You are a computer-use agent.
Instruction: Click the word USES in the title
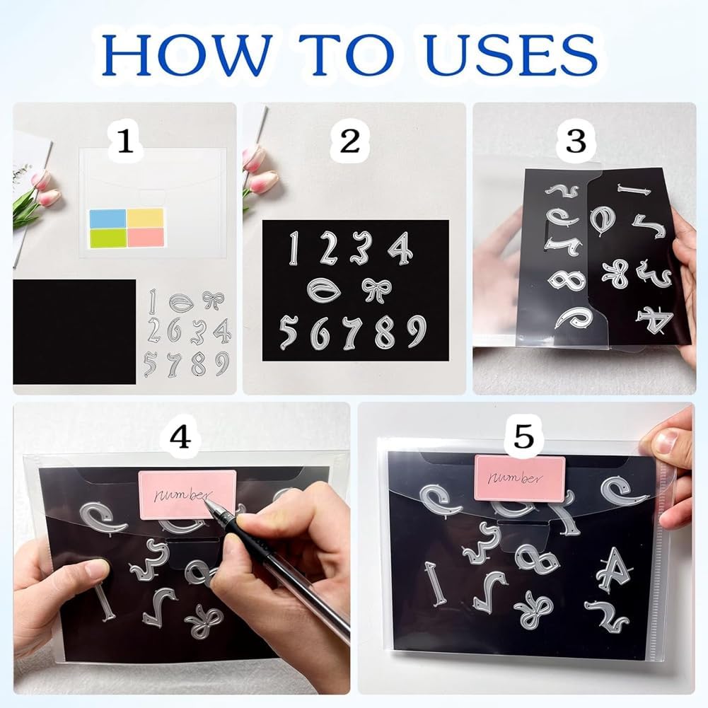511,55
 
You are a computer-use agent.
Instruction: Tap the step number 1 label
125,141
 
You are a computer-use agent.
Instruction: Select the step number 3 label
576,141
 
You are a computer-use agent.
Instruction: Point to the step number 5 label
524,436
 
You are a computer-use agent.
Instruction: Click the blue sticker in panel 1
108,219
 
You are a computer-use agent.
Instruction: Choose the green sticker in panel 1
108,238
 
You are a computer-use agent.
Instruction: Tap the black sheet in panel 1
74,332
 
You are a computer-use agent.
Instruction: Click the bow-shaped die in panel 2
376,290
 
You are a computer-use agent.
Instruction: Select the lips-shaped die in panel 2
324,289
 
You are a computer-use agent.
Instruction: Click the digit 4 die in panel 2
400,248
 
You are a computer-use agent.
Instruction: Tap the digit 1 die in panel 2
294,248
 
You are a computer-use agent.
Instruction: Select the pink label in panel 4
187,495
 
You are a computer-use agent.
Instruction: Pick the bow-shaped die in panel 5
533,610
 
